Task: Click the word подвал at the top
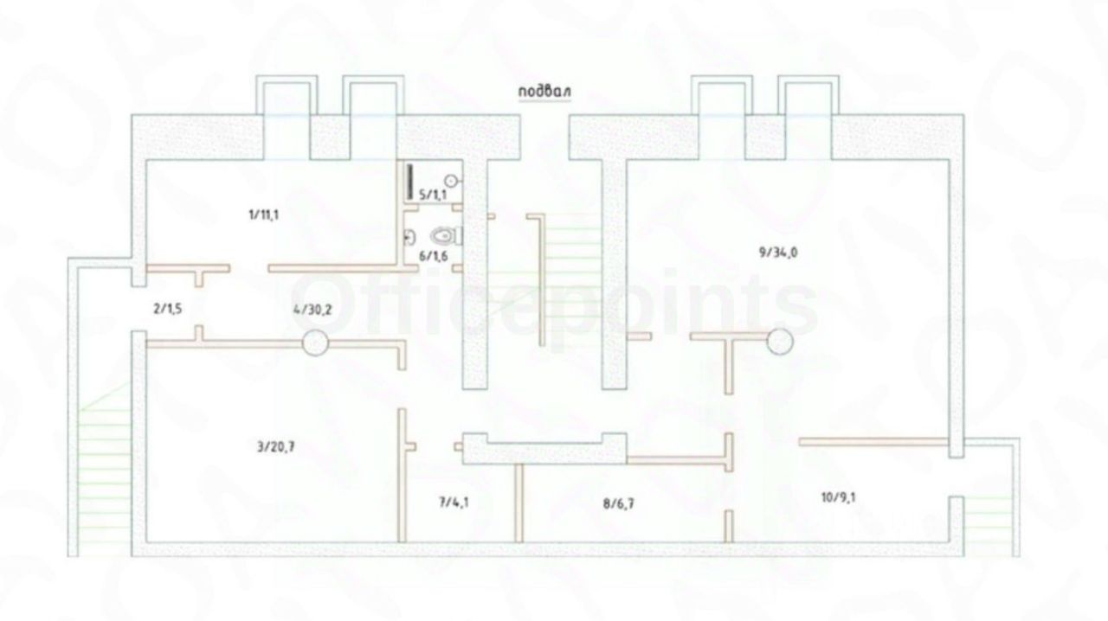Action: (545, 92)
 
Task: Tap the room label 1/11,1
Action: (262, 215)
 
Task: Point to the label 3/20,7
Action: (277, 447)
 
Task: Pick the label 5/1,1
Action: (432, 195)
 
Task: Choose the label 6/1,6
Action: (432, 255)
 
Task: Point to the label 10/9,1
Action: (840, 496)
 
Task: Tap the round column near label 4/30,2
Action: (314, 343)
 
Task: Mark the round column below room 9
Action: (779, 343)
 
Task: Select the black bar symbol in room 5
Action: (409, 182)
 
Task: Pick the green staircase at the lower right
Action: (985, 515)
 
